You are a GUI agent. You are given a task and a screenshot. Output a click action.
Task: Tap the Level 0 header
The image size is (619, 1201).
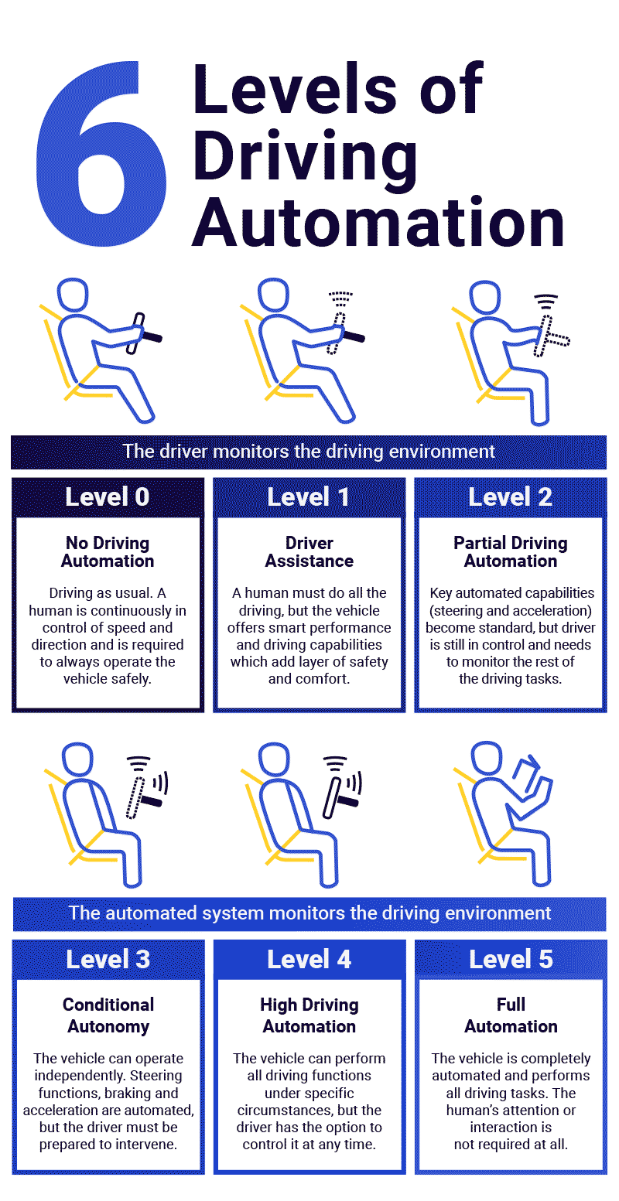(108, 496)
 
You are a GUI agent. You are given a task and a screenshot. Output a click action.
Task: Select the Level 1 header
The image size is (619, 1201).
(309, 496)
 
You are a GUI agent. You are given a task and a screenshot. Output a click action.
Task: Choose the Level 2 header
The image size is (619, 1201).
(511, 496)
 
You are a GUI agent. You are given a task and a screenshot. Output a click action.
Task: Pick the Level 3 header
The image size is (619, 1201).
(108, 959)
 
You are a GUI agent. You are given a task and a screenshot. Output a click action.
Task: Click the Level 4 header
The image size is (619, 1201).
(309, 959)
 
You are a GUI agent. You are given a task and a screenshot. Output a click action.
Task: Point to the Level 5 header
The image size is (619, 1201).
(511, 959)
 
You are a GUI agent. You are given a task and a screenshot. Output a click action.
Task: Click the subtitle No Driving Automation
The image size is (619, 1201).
(108, 552)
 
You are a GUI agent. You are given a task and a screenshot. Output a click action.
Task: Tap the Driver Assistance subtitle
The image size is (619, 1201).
(309, 552)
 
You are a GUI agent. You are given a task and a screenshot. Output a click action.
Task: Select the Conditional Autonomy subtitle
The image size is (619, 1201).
(108, 1015)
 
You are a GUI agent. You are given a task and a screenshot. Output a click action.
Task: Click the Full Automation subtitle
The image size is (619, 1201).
(511, 1015)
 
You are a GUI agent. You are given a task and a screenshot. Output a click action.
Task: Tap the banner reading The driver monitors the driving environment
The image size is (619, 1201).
(309, 451)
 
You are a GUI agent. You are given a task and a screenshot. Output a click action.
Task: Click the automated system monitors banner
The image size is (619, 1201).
(309, 913)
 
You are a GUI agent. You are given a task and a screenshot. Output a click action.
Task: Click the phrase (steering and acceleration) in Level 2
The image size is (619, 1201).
(511, 610)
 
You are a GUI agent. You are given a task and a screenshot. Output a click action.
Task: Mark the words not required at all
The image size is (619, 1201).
(511, 1144)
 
